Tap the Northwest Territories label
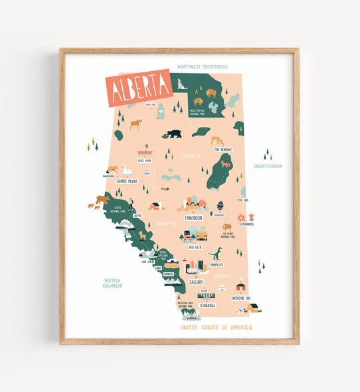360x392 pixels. pos(203,67)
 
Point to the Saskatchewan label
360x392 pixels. pos(268,165)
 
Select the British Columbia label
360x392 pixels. pos(112,283)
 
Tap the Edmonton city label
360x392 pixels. pos(193,217)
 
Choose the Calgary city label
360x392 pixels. pos(196,282)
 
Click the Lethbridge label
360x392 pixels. pos(208,306)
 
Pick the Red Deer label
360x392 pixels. pos(195,246)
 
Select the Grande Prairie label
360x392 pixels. pos(126,181)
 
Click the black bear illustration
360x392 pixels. pos(174,134)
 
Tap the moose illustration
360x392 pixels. pos(136,124)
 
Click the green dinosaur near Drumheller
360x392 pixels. pos(216,252)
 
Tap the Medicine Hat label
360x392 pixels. pos(241,298)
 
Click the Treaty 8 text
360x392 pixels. pos(191,155)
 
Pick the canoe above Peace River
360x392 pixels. pos(145,151)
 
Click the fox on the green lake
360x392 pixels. pos(225,163)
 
